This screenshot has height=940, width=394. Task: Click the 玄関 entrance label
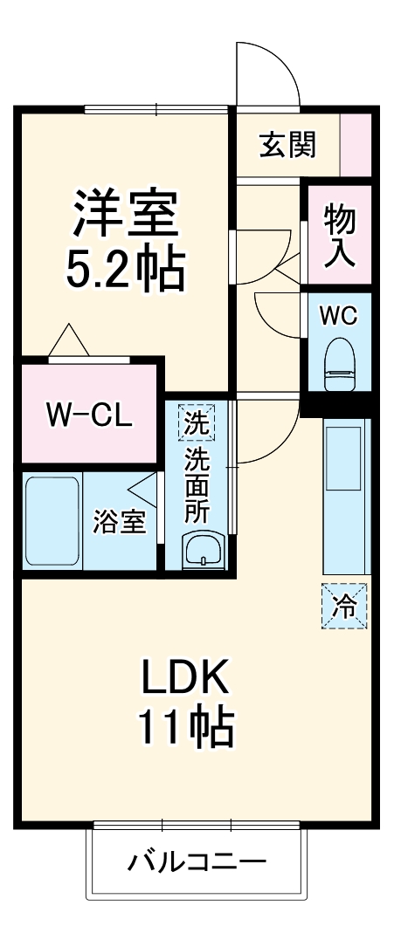[x=287, y=145]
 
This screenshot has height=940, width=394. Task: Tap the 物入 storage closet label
[x=339, y=235]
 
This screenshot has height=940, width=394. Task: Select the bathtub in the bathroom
[x=53, y=521]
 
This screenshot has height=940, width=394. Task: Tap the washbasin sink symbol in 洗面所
[x=202, y=550]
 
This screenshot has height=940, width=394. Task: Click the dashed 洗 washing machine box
[x=197, y=426]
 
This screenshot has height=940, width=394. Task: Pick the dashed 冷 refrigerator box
[x=344, y=605]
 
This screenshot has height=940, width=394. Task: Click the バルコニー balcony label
[x=197, y=863]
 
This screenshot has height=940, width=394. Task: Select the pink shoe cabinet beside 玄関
[x=355, y=144]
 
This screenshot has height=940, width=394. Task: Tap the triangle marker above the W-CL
[x=68, y=340]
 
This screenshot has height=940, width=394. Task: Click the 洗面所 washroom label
[x=197, y=485]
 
